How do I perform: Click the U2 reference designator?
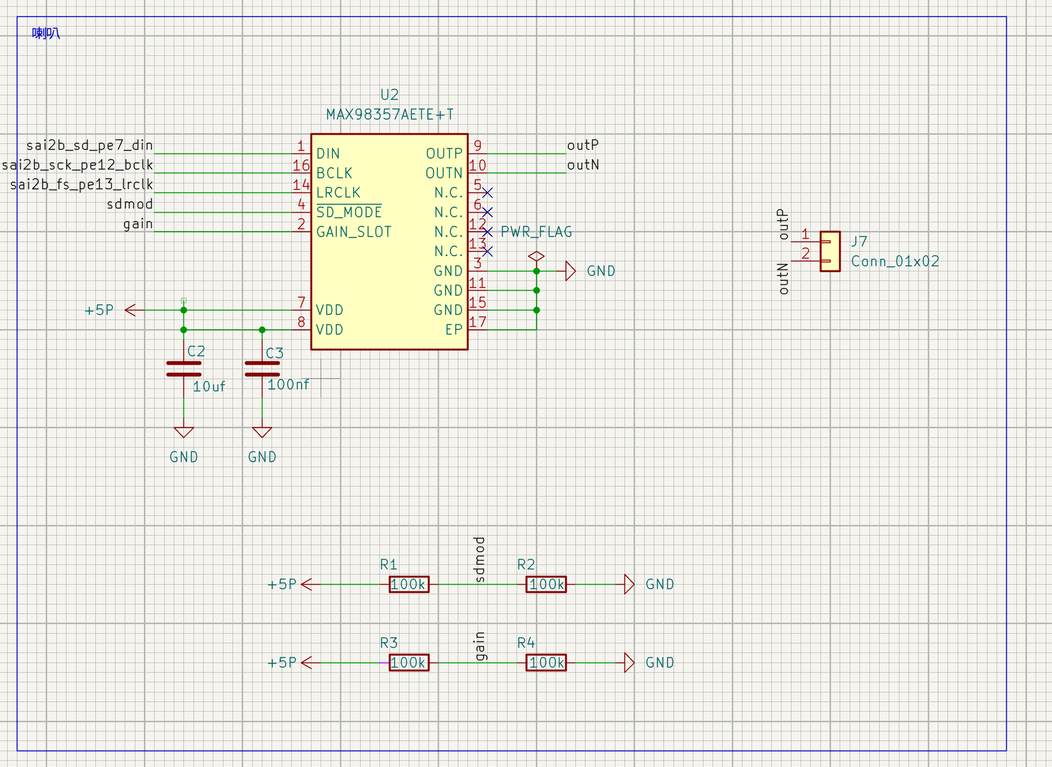click(x=390, y=94)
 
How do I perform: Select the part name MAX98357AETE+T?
click(x=390, y=115)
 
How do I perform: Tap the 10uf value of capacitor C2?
click(x=209, y=386)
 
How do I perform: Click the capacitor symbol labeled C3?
click(x=262, y=369)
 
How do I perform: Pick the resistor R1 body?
click(x=409, y=584)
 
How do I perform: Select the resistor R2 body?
click(x=546, y=584)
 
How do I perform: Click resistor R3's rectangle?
click(x=409, y=663)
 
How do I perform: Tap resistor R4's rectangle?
click(x=546, y=663)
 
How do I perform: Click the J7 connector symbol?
click(x=830, y=251)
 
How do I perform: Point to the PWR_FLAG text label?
click(x=536, y=232)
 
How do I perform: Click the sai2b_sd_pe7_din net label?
click(x=90, y=145)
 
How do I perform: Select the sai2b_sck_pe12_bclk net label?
click(x=78, y=165)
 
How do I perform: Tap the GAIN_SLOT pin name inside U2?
click(x=354, y=232)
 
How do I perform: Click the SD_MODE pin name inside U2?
click(x=349, y=212)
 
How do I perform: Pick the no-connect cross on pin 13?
click(x=487, y=251)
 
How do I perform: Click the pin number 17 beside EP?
click(x=477, y=322)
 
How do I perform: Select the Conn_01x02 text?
click(x=895, y=261)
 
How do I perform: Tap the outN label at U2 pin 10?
click(x=583, y=165)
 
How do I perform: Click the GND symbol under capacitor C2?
click(x=183, y=432)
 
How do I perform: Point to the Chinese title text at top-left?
click(x=46, y=33)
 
